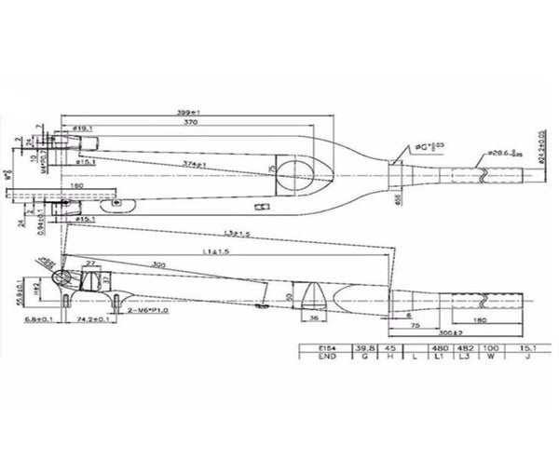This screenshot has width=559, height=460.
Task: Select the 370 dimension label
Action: pyautogui.click(x=191, y=121)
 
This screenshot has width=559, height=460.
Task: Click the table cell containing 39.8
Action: pyautogui.click(x=364, y=348)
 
